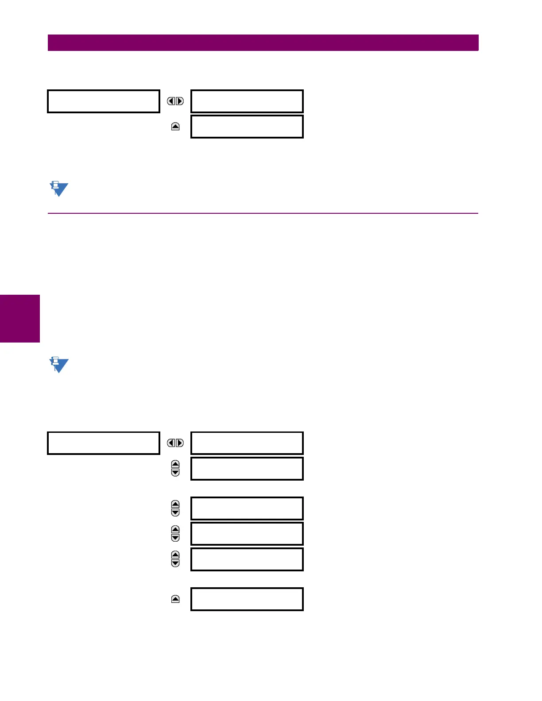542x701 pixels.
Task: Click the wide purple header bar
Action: pos(263,43)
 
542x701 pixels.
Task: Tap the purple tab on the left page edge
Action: pos(20,319)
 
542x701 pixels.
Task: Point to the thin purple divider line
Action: pos(263,213)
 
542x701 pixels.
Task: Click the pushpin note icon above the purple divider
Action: pos(58,189)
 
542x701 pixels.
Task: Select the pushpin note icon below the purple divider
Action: pos(58,365)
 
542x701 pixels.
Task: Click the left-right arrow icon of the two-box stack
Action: pos(175,101)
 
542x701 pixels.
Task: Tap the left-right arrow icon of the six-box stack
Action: pos(175,443)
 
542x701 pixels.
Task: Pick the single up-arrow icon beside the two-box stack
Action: pos(175,127)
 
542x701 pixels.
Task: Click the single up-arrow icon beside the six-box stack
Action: pos(175,599)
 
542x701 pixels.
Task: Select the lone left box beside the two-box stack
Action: pos(104,101)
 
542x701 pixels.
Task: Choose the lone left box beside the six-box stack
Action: pos(104,443)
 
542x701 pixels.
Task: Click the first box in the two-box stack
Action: pos(247,101)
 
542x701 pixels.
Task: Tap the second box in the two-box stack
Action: pos(247,127)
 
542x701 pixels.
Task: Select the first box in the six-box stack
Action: pos(247,443)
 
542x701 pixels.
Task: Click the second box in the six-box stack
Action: pos(247,469)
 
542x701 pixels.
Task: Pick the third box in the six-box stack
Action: pos(247,508)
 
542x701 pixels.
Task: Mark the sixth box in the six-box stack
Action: pos(247,599)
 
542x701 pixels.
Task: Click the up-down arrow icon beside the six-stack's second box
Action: pos(175,469)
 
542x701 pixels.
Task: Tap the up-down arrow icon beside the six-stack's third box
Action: pos(175,508)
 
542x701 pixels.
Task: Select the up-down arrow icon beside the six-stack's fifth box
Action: pos(175,559)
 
